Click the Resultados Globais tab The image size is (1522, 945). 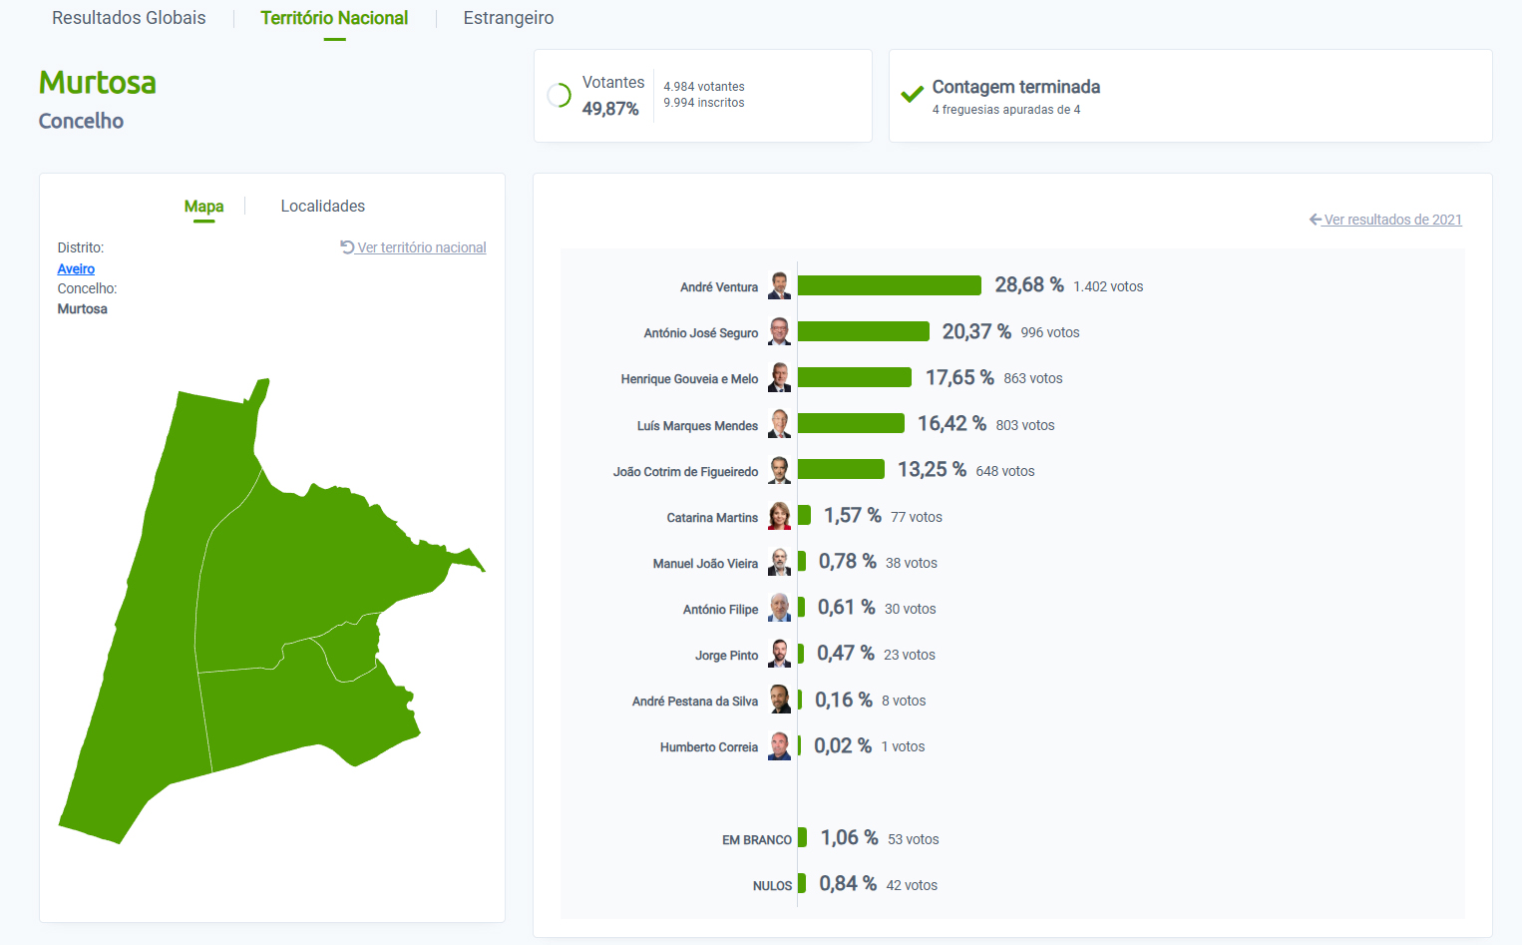point(129,18)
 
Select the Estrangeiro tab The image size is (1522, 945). point(509,18)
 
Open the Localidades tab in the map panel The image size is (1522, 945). point(322,206)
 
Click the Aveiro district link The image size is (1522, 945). point(76,268)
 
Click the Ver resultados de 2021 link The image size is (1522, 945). point(1392,220)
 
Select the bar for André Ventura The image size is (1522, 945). point(889,285)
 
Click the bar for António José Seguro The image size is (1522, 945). point(863,331)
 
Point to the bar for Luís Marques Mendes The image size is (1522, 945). point(851,423)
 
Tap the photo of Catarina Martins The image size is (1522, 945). point(780,516)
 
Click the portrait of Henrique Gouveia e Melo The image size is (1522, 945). point(780,377)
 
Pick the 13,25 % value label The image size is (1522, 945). point(932,469)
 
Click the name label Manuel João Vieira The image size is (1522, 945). point(705,564)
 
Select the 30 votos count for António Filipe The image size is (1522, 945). point(910,609)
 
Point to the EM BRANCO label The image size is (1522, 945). point(756,840)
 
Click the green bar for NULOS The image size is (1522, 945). point(801,883)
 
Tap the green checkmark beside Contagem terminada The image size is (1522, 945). point(912,95)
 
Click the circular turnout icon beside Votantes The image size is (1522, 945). point(560,96)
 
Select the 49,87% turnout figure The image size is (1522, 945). point(610,109)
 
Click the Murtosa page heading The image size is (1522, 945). point(98,83)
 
